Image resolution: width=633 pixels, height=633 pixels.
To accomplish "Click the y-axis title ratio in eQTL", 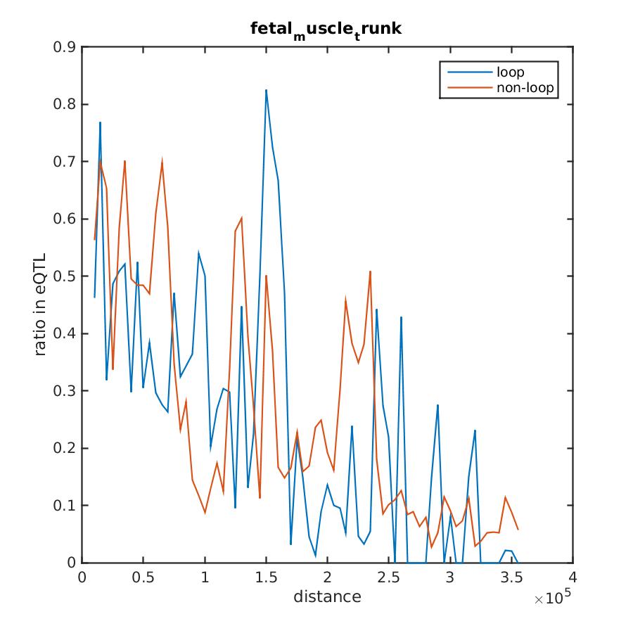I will point(41,305).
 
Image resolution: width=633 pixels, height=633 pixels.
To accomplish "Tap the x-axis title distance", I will point(327,598).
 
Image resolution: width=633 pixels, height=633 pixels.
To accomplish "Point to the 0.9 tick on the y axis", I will point(68,47).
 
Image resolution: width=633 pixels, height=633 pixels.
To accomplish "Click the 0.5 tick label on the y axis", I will point(68,276).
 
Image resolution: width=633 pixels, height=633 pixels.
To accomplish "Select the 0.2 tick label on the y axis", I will point(68,448).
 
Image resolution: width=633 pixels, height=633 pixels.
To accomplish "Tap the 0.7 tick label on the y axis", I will point(68,162).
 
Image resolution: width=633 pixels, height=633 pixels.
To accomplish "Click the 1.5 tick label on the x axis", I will point(267,577).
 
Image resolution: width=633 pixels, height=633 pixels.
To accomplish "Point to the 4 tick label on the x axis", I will point(573,577).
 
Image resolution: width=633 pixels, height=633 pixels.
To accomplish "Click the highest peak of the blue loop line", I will point(267,90).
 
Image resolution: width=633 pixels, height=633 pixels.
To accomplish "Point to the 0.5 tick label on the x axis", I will point(143,577).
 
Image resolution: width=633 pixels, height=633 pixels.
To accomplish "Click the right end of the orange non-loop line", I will point(518,529).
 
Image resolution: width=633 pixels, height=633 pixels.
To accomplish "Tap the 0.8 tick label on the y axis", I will point(68,105).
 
